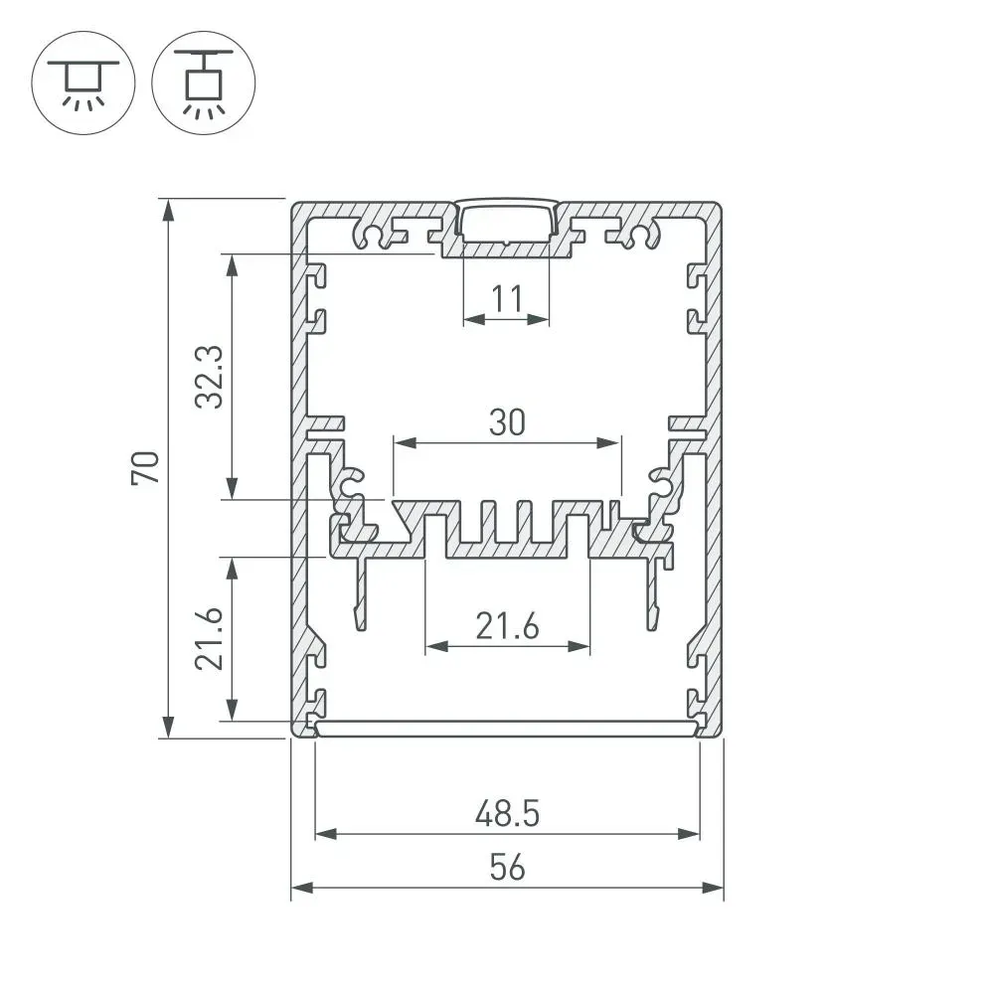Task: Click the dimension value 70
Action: click(x=146, y=468)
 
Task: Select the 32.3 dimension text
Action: click(x=209, y=377)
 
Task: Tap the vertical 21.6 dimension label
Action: click(x=209, y=638)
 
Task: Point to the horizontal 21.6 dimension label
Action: click(x=507, y=625)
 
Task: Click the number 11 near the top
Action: click(x=507, y=298)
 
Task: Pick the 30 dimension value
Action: click(x=507, y=422)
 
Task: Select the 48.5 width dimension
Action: click(x=507, y=813)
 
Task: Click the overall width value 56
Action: click(x=507, y=867)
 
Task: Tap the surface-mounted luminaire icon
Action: click(x=83, y=83)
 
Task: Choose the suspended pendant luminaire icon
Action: click(x=204, y=83)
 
